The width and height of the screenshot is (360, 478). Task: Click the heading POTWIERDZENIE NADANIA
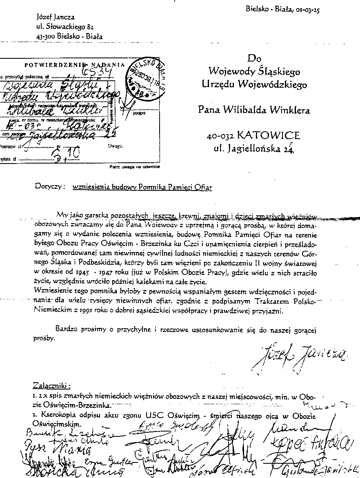[x=74, y=64]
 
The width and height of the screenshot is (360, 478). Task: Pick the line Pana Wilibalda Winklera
[x=254, y=109]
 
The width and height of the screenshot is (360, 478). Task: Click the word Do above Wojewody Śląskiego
[x=253, y=59]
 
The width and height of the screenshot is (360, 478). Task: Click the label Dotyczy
[x=50, y=187]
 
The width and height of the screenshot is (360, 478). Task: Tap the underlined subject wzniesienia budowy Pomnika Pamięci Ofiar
[x=142, y=187]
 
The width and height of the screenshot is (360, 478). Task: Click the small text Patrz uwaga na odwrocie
[x=135, y=167]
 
